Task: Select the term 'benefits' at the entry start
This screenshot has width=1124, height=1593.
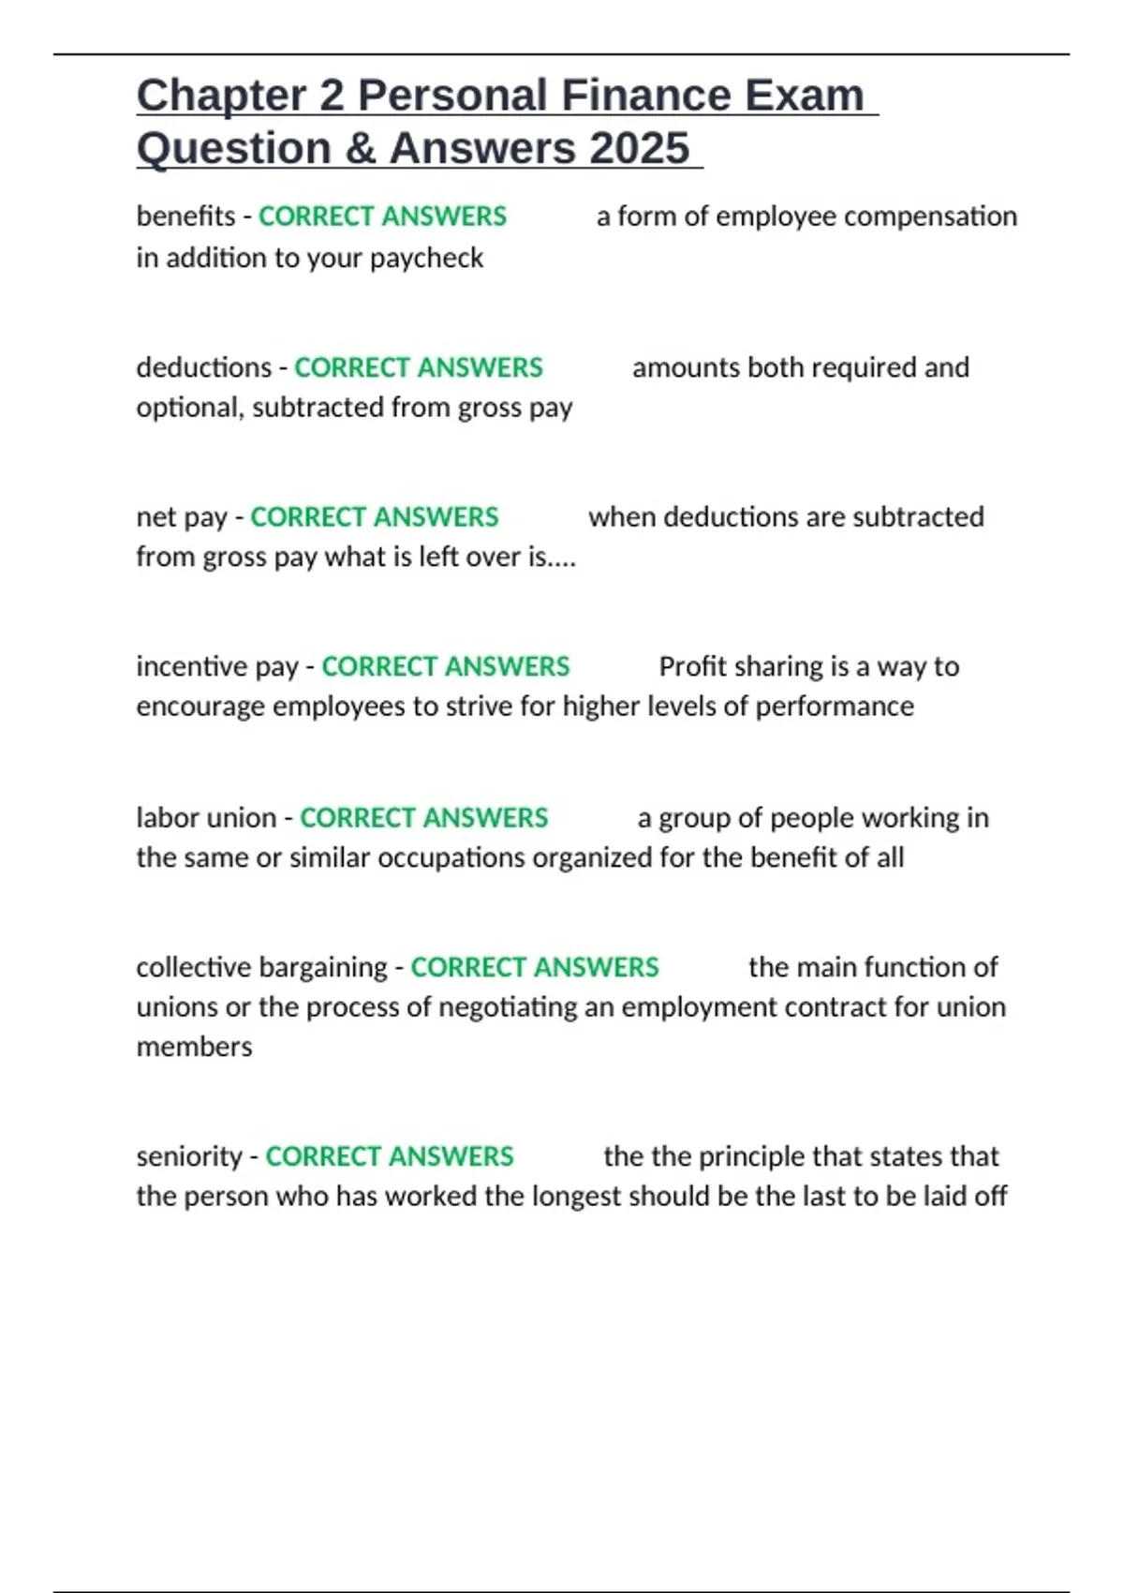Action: click(185, 216)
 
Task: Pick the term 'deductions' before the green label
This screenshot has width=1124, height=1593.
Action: click(203, 367)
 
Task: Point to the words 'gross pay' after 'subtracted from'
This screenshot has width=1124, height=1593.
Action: click(514, 408)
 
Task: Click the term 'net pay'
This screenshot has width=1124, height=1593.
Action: click(182, 517)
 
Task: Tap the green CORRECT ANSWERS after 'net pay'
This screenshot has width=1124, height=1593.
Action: click(374, 517)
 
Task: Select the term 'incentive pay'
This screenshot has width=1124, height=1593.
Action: click(217, 666)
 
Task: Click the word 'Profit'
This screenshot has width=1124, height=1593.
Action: click(694, 666)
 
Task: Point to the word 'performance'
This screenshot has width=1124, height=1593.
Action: click(834, 707)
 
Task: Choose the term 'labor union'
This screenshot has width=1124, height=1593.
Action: click(206, 818)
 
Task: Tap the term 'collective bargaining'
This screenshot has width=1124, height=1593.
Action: click(261, 967)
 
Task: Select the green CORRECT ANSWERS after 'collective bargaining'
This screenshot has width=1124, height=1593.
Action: click(535, 967)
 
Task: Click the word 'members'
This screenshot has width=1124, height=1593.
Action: click(194, 1047)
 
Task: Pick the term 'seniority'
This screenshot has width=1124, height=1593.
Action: click(189, 1156)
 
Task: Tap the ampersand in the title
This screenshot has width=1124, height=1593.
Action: click(362, 148)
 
